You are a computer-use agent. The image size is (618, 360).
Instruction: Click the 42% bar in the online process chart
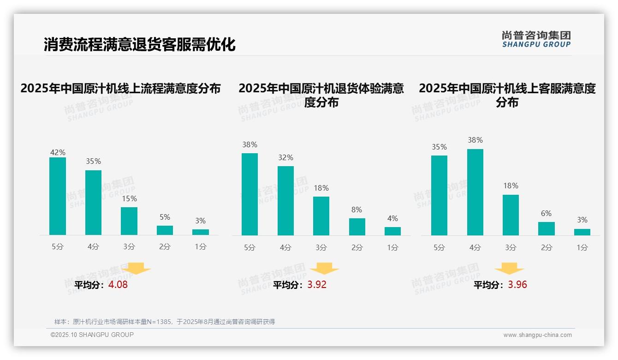[x=58, y=196]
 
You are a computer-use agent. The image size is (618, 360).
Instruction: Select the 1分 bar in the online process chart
[x=201, y=232]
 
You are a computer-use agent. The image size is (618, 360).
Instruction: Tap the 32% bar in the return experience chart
[x=285, y=201]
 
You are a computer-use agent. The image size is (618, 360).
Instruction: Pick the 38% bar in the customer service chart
[x=475, y=192]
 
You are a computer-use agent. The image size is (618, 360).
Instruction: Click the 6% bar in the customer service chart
[x=547, y=228]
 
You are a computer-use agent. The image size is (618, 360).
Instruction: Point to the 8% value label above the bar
[x=357, y=210]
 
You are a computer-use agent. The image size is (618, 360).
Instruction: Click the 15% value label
[x=129, y=199]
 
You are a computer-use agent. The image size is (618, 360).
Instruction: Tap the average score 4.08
[x=118, y=285]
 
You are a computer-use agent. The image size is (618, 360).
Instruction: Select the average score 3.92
[x=317, y=285]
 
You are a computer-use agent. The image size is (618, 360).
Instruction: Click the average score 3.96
[x=517, y=285]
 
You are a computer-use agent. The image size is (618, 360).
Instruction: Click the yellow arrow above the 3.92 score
[x=324, y=269]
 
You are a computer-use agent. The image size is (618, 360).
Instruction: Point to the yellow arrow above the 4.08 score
[x=136, y=268]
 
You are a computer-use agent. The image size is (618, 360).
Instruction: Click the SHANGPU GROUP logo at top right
[x=536, y=39]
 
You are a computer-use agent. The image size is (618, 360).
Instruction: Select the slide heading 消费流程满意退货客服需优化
[x=140, y=44]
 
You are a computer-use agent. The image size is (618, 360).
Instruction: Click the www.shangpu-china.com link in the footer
[x=537, y=335]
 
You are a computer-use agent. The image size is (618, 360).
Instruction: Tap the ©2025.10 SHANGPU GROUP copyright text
[x=92, y=335]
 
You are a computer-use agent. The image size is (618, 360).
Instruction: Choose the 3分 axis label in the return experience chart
[x=321, y=247]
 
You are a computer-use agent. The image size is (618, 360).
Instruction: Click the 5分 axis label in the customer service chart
[x=439, y=247]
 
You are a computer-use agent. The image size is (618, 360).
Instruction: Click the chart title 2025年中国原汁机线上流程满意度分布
[x=121, y=88]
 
